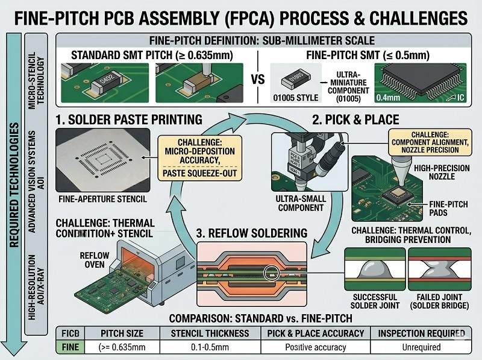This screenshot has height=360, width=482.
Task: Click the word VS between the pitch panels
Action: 257,79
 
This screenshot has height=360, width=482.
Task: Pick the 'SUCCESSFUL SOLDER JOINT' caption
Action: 373,302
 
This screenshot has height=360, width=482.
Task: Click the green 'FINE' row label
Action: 70,347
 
